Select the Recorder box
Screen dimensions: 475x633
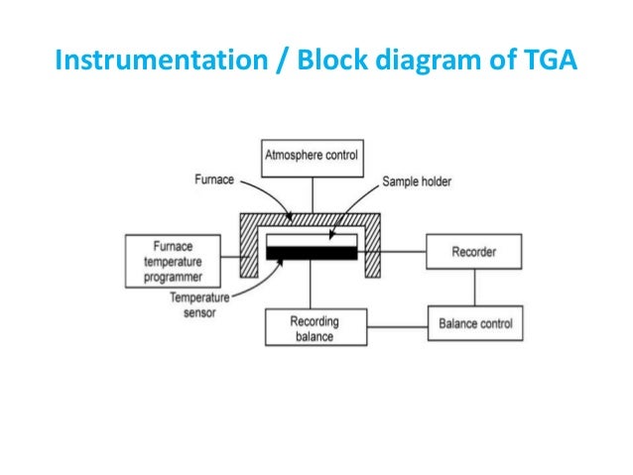(474, 252)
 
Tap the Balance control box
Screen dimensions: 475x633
(474, 323)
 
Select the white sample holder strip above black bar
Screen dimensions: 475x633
(312, 241)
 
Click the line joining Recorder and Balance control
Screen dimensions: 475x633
(474, 288)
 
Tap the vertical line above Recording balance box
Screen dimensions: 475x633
(311, 290)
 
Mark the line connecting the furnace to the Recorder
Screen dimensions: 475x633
(403, 252)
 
